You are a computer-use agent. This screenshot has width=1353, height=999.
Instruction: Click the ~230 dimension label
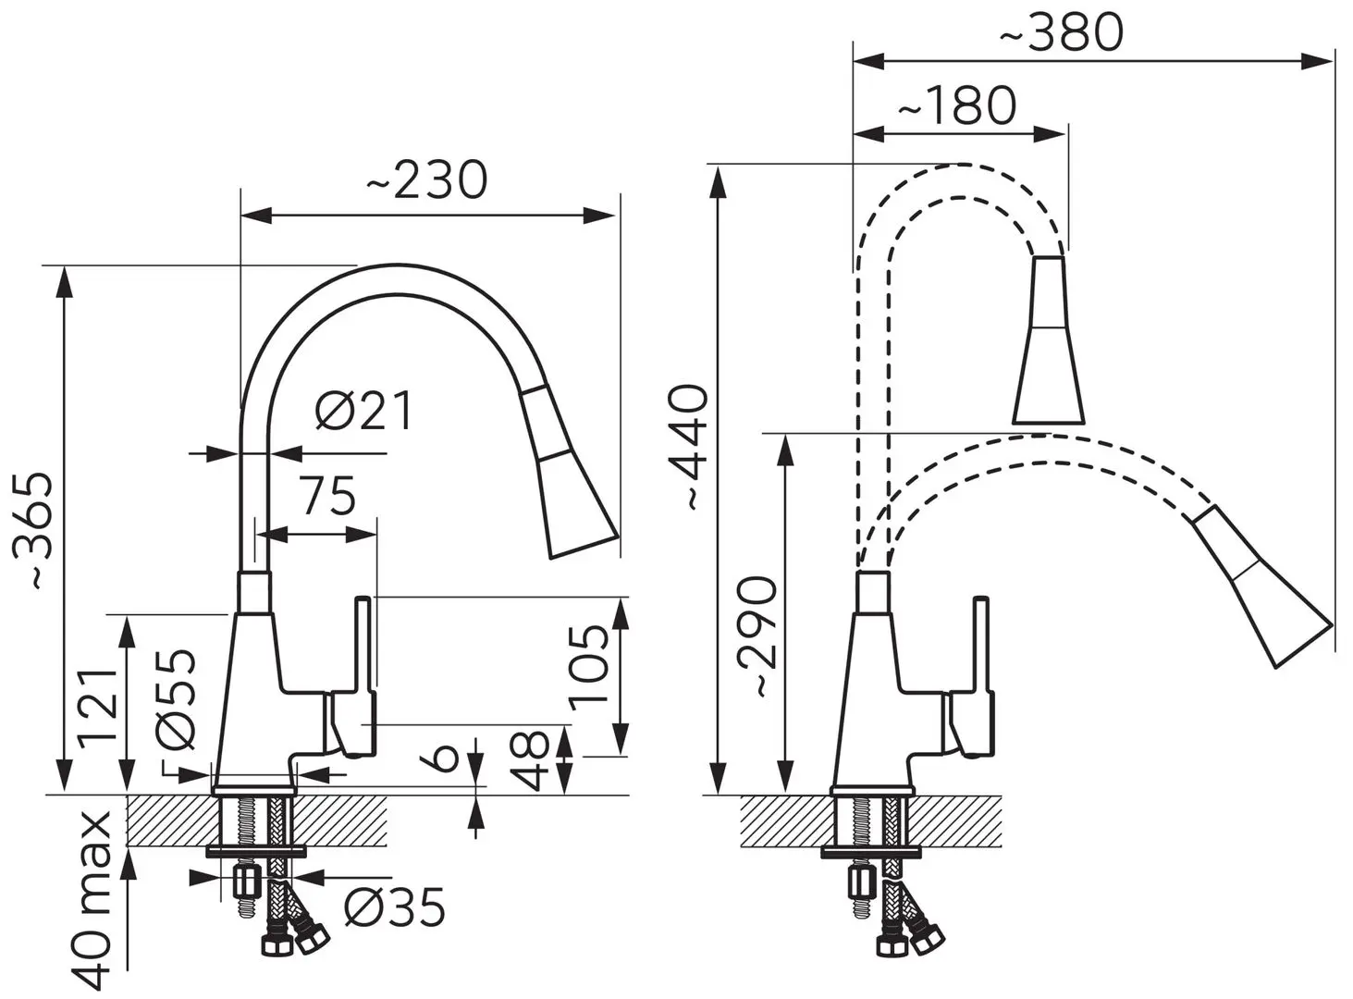(x=427, y=180)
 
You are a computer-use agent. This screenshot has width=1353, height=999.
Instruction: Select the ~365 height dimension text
(x=33, y=530)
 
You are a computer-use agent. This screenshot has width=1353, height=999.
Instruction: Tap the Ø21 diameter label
(x=364, y=410)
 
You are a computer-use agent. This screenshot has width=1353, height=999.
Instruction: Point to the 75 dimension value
(x=328, y=495)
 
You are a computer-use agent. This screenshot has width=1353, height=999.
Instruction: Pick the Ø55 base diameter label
(x=176, y=699)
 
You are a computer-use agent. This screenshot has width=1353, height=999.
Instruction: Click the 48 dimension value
(x=530, y=761)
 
